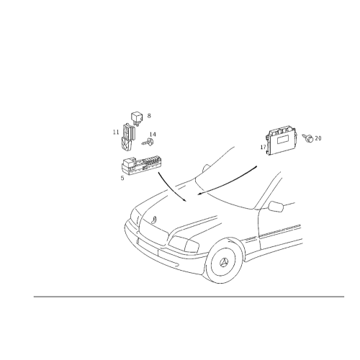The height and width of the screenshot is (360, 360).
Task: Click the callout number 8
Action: tap(149, 116)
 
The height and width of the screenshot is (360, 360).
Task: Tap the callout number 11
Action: tap(116, 132)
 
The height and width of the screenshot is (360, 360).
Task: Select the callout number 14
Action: tap(153, 135)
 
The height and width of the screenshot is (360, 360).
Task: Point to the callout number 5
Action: tap(122, 178)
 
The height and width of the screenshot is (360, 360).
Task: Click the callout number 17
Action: tap(264, 147)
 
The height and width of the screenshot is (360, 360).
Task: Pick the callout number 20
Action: tap(318, 138)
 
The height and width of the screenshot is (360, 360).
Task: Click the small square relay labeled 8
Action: tap(137, 118)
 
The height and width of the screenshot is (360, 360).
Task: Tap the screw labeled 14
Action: tap(148, 142)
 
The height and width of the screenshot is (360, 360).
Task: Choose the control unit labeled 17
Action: tap(282, 142)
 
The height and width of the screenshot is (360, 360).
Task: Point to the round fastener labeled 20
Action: tap(308, 138)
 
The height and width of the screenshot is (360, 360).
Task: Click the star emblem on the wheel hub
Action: tap(225, 262)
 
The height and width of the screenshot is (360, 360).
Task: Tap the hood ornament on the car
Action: tap(154, 219)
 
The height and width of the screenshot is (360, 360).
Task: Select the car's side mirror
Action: tap(276, 207)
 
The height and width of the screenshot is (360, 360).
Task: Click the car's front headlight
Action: tap(184, 243)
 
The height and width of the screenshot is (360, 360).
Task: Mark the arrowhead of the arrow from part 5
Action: tap(184, 199)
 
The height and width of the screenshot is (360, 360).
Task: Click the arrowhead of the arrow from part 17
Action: tap(199, 193)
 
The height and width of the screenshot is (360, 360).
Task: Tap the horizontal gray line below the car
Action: tap(189, 297)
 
